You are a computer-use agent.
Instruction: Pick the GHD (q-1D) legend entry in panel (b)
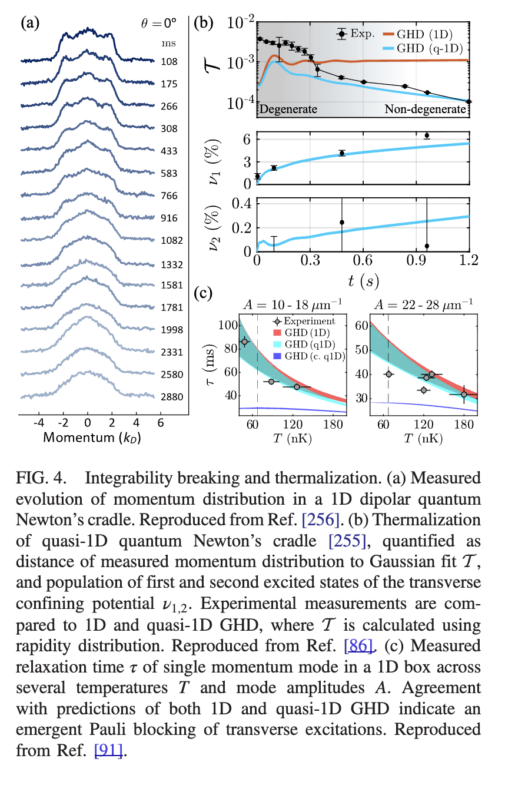428,47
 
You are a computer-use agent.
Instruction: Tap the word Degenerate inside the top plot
288,110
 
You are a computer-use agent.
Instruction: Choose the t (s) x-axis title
364,281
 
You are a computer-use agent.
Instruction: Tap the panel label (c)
202,293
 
